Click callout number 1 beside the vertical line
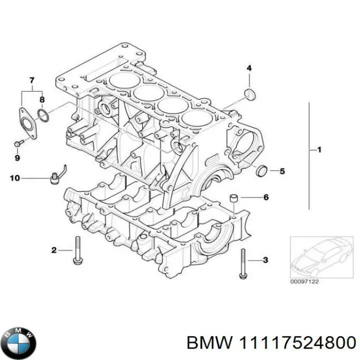(x=320, y=149)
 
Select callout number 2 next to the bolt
(x=53, y=250)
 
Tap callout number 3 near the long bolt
(x=265, y=260)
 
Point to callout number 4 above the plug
(x=248, y=68)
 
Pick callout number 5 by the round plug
(x=282, y=171)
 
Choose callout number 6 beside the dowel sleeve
(x=265, y=197)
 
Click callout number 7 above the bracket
(x=31, y=80)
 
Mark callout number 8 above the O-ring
(x=42, y=99)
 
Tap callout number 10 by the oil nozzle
(x=16, y=177)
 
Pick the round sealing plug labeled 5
(x=261, y=171)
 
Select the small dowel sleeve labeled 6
(x=233, y=198)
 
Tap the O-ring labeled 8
(x=43, y=116)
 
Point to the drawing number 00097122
(x=304, y=282)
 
